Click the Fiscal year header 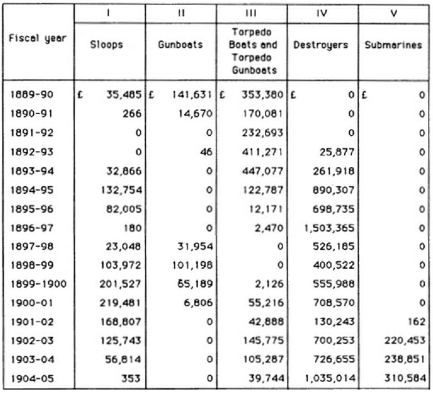click(x=37, y=39)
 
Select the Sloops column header click(x=107, y=45)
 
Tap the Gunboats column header click(x=180, y=45)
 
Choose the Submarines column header click(x=393, y=45)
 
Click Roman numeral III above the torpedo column click(x=251, y=13)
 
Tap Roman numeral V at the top click(x=394, y=13)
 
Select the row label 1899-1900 click(x=39, y=284)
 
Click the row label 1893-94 click(x=32, y=171)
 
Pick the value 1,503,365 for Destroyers click(x=329, y=229)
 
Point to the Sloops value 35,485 click(x=124, y=95)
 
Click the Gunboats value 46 click(x=206, y=152)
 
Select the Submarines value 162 click(x=417, y=322)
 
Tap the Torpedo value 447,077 click(x=262, y=171)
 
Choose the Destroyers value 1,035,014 click(x=330, y=379)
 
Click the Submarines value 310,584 click(x=405, y=379)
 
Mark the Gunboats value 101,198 click(x=192, y=265)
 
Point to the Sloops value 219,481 click(x=120, y=303)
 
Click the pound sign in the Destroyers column click(x=293, y=95)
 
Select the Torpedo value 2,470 click(x=269, y=229)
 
